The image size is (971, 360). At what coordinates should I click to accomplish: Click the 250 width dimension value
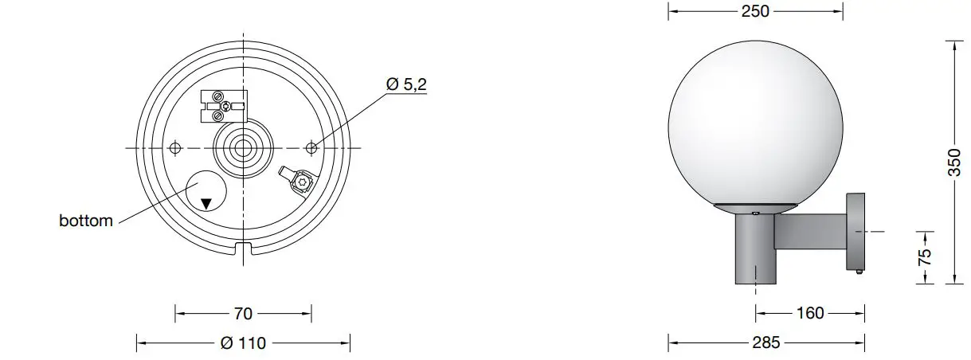coord(755,11)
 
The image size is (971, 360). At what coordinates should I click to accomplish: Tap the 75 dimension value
coord(924,256)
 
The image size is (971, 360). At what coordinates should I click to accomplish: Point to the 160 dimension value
coord(809,313)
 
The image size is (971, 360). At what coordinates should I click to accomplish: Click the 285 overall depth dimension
coord(765,343)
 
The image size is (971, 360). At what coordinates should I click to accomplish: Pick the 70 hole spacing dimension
coord(243,313)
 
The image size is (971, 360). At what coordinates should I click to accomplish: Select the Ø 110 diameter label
coord(243,343)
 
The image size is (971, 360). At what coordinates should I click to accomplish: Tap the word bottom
coord(86,221)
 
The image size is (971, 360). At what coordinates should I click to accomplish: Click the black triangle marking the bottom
coord(206,203)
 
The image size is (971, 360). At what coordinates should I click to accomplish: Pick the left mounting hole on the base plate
coord(175,147)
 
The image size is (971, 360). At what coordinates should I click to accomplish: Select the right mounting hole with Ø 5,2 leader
coord(311,147)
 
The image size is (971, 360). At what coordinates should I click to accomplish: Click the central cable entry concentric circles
coord(242,148)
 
